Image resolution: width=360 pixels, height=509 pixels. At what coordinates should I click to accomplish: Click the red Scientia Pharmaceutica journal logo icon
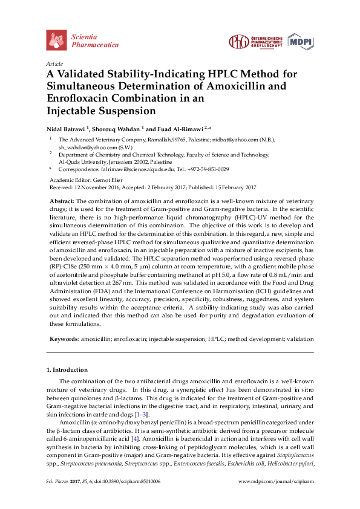(x=56, y=41)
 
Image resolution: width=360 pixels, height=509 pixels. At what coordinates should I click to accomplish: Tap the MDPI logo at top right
(x=301, y=41)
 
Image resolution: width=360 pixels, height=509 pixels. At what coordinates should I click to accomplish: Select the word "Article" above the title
(x=55, y=63)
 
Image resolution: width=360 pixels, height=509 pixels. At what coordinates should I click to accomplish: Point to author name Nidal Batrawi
(x=66, y=128)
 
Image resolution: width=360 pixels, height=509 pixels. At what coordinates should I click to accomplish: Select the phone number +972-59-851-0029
(x=207, y=170)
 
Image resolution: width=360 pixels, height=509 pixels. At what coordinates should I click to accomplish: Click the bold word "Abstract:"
(x=62, y=200)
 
